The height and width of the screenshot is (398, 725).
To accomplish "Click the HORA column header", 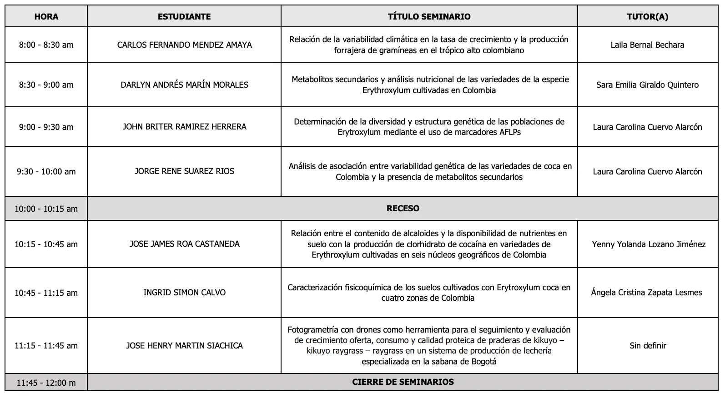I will (46, 17).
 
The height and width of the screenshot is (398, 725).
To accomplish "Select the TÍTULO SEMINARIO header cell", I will (429, 17).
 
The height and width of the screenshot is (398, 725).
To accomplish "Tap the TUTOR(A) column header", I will (647, 17).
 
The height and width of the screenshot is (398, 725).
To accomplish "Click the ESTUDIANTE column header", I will (184, 17).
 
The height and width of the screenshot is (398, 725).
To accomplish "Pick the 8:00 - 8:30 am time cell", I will (46, 45).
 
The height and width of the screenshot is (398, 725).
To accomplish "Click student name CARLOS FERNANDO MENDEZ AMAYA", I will (184, 45).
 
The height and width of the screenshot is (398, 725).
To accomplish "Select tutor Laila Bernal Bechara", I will (647, 45).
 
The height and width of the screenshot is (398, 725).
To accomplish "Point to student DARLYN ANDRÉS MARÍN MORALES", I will (184, 85).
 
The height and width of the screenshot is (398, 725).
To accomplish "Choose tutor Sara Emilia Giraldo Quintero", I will (647, 85).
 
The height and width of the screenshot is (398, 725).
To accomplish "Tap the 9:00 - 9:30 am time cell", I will (46, 127).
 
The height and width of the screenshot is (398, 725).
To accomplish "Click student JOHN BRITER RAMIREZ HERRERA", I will (184, 127).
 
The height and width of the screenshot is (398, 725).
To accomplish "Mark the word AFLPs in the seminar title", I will (507, 133).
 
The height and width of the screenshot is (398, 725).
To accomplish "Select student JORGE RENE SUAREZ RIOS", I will (184, 171).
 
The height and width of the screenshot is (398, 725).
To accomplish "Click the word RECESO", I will (403, 209).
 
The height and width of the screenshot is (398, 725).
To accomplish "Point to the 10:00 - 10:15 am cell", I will (46, 209).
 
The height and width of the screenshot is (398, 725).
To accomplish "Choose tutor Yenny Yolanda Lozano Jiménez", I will (649, 244).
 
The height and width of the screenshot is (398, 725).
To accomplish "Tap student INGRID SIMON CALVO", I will (184, 293).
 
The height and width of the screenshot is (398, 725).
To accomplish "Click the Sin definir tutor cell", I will (648, 346).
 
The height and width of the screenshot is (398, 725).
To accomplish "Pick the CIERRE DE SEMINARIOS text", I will (403, 382).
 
